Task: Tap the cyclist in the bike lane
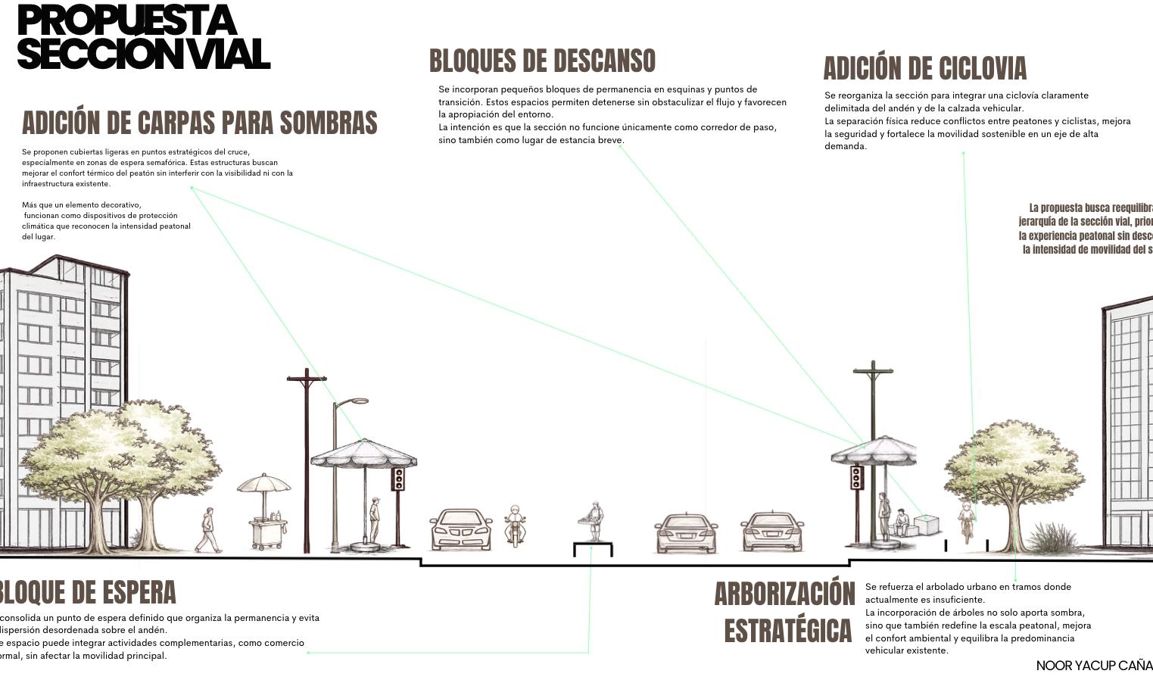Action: (967, 520)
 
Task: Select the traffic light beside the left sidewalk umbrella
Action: (398, 479)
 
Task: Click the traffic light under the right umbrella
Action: (856, 478)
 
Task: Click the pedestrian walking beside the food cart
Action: (208, 530)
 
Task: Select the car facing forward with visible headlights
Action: (461, 529)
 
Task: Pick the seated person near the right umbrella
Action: (901, 522)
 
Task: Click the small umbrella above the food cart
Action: (263, 484)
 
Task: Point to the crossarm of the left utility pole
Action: (307, 378)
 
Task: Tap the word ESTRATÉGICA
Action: (787, 631)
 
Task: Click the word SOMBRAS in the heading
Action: (328, 123)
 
